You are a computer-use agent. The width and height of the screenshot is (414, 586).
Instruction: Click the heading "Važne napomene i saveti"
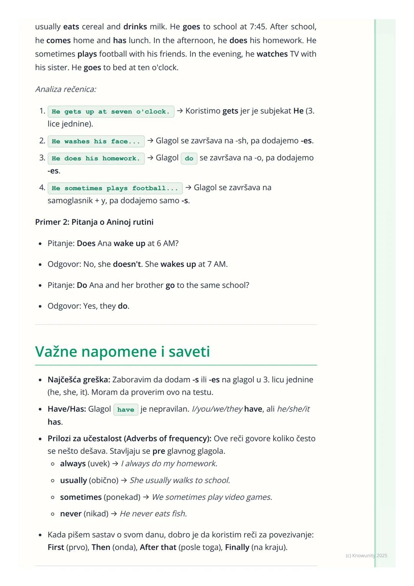122,352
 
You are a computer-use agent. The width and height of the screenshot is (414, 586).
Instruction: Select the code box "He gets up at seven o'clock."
111,112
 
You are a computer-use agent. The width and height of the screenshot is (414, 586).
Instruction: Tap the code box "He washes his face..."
96,142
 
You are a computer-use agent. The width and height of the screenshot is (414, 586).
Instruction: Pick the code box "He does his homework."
96,158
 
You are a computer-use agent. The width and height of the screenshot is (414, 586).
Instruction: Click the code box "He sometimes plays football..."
115,188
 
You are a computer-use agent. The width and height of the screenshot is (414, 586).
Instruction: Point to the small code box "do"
189,158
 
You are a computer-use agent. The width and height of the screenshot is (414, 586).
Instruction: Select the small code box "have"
126,410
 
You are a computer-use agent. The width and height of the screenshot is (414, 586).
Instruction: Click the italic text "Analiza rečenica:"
66,89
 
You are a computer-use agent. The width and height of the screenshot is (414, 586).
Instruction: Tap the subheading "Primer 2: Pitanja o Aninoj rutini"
94,222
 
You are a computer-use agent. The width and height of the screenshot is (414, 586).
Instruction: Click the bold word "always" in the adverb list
73,464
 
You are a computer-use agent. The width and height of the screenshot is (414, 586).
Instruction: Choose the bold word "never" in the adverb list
71,514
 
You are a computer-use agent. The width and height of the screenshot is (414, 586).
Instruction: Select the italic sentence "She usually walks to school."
180,480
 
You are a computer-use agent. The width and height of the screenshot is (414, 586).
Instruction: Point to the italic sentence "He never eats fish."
153,514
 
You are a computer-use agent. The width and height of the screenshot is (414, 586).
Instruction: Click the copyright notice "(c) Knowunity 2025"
366,555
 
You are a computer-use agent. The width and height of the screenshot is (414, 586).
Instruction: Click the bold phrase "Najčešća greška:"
79,380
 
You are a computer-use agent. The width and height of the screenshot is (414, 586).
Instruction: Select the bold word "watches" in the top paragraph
272,54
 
